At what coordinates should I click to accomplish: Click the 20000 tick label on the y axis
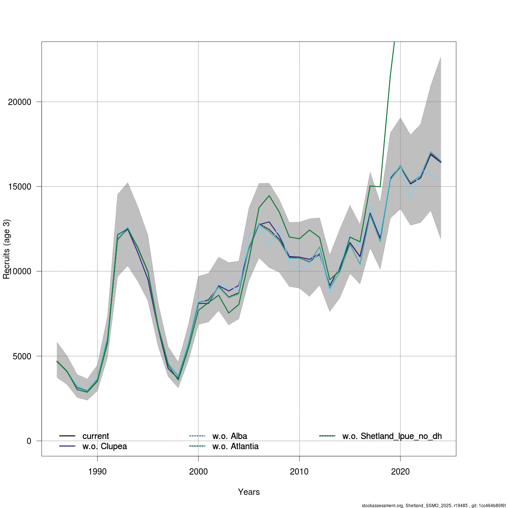pyautogui.click(x=20, y=102)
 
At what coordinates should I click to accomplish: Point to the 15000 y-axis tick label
pyautogui.click(x=20, y=187)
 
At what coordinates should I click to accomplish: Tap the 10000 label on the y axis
pyautogui.click(x=20, y=271)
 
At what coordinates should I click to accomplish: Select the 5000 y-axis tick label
pyautogui.click(x=22, y=356)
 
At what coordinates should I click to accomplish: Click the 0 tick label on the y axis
pyautogui.click(x=29, y=441)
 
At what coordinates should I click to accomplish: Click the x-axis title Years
pyautogui.click(x=249, y=492)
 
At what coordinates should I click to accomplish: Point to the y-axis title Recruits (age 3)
pyautogui.click(x=6, y=249)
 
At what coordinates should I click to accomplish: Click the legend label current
pyautogui.click(x=96, y=436)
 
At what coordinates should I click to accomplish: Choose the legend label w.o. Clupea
pyautogui.click(x=105, y=446)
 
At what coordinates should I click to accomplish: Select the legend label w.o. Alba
pyautogui.click(x=229, y=436)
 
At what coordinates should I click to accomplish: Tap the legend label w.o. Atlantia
pyautogui.click(x=235, y=446)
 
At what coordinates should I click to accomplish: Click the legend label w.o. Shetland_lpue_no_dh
pyautogui.click(x=392, y=436)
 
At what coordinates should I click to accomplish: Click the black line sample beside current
pyautogui.click(x=67, y=436)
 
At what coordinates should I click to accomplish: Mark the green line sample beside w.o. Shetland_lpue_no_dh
pyautogui.click(x=327, y=436)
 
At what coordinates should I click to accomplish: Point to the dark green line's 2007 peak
pyautogui.click(x=269, y=196)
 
